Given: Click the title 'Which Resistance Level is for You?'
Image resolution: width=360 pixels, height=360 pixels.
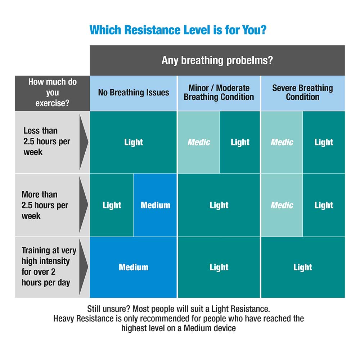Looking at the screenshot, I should coord(178,30).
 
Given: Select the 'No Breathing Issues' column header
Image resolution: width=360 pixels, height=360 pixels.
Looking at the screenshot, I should coord(133,93).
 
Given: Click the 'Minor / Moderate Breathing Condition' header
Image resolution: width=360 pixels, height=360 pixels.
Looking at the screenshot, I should coord(219,93).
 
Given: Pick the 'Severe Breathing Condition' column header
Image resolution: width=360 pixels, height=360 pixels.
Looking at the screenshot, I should coord(302,93).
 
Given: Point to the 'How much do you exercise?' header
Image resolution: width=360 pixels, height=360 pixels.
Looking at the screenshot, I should coord(52,93).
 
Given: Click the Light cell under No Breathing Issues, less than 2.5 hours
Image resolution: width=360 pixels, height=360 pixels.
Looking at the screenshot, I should coord(133,142).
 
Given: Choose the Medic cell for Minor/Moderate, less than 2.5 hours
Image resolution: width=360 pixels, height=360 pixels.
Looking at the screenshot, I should coord(199,142).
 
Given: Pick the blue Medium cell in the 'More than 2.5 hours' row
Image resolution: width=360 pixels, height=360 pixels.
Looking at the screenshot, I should coord(155,205).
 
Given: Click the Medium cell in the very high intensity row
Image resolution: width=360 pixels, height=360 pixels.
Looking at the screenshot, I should coord(133,267).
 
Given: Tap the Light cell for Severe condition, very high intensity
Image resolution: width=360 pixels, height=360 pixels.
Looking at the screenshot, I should coord(302,267).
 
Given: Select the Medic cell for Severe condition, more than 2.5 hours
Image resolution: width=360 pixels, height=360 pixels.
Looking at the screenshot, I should coord(282,205).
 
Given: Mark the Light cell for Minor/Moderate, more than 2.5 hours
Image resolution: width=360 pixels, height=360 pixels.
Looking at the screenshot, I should coord(219,205).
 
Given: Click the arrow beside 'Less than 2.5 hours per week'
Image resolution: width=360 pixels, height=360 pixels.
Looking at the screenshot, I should coord(84,142).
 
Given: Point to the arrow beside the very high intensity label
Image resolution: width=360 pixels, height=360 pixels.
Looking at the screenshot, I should coord(84,267).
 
